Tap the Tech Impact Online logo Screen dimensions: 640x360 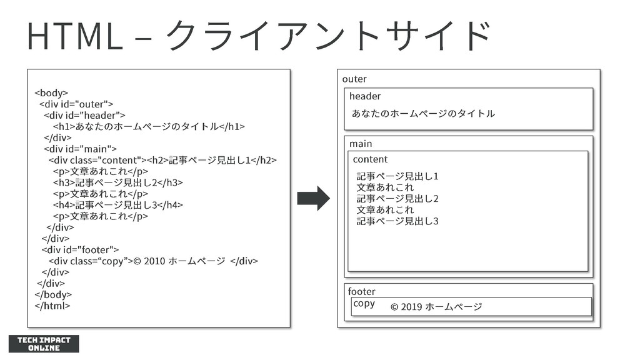coord(44,344)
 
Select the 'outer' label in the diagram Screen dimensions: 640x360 coord(354,79)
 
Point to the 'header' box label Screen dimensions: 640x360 coord(365,96)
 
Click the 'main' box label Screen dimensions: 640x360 coord(361,144)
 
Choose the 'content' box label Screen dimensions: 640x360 coord(370,159)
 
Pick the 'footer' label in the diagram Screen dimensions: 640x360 coord(362,291)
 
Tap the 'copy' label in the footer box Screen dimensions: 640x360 coord(364,304)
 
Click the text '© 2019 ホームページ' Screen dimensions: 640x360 coord(436,307)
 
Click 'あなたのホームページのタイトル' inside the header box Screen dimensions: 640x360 coord(423,113)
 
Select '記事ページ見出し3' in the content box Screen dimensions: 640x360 coord(397,221)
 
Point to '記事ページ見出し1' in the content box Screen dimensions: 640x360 coord(397,176)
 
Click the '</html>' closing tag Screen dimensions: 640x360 coord(52,306)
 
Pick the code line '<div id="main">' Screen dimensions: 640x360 coord(81,149)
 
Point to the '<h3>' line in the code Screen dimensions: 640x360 coord(118,182)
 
